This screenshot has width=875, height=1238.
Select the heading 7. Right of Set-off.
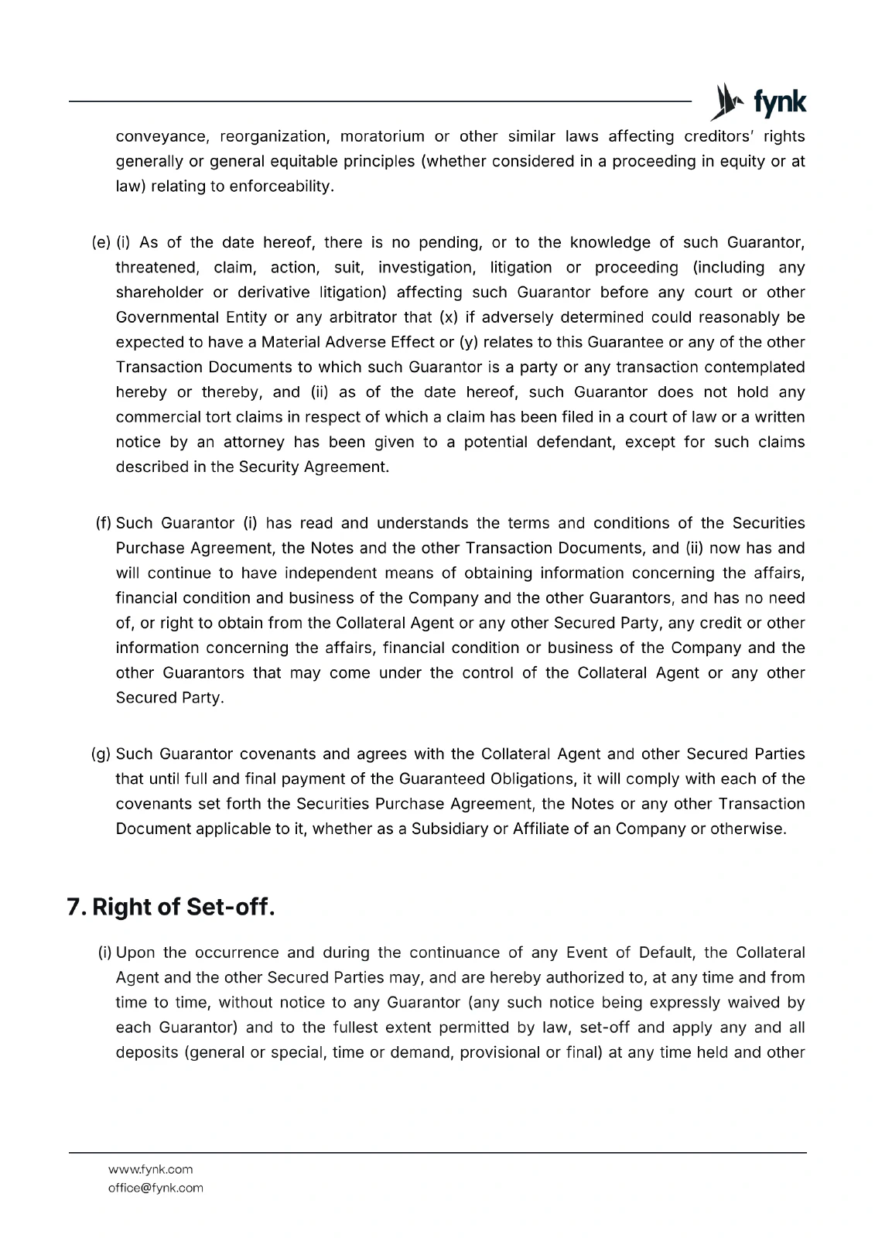(x=171, y=907)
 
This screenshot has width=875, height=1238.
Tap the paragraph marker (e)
(x=101, y=243)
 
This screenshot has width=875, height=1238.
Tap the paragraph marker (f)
(x=104, y=523)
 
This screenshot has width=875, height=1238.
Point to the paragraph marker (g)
(x=101, y=754)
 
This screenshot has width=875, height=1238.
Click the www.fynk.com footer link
(x=150, y=1169)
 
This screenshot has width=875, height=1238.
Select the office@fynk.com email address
(x=156, y=1188)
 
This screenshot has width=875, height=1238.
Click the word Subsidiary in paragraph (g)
(x=449, y=829)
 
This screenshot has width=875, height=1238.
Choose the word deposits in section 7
(x=146, y=1053)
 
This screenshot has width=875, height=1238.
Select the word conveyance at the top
(x=162, y=137)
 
